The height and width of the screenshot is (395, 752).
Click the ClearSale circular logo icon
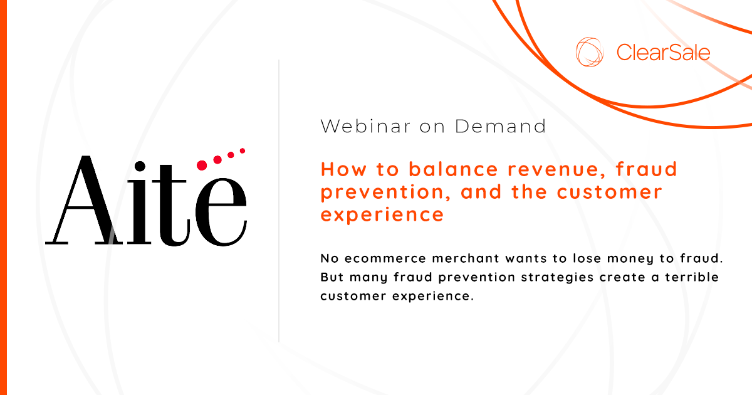(x=590, y=51)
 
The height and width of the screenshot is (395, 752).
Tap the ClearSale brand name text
(x=663, y=52)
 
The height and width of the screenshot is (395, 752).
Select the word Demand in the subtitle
(x=501, y=126)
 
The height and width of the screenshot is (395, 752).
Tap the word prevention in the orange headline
(x=382, y=192)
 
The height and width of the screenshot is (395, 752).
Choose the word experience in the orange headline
(x=382, y=215)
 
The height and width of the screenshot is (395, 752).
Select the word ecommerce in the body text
(x=382, y=258)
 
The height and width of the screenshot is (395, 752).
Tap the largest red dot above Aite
(x=202, y=165)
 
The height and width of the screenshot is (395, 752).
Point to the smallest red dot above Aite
(x=242, y=151)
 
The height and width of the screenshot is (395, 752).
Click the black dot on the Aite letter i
(x=140, y=166)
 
